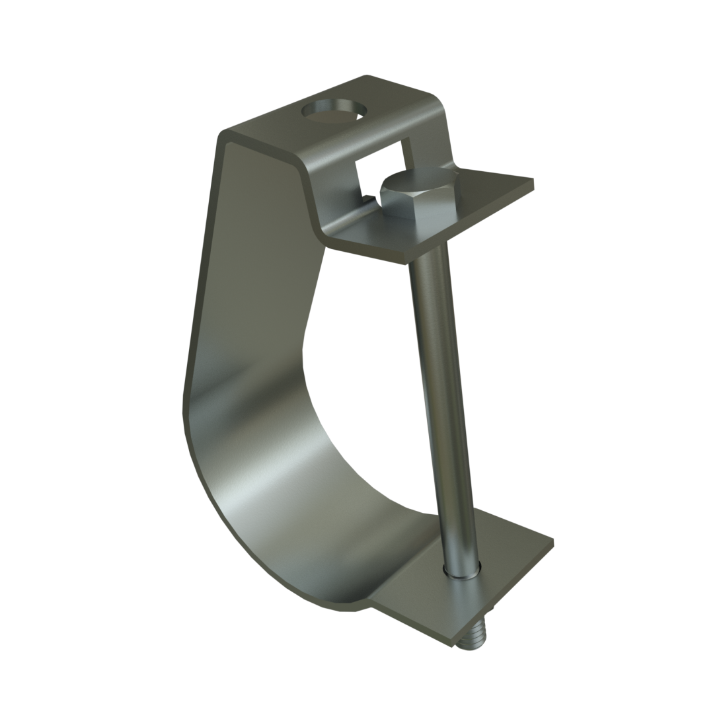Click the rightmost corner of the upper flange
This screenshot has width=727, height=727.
(x=533, y=180)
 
